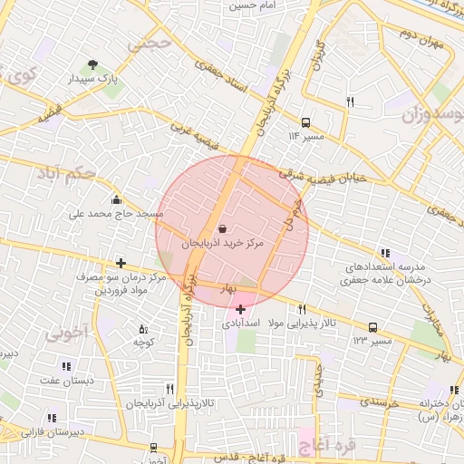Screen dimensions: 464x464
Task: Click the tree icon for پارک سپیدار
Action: (92, 64)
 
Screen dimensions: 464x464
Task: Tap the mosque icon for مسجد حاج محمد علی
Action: (116, 200)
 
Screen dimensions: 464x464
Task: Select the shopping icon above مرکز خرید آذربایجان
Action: (223, 228)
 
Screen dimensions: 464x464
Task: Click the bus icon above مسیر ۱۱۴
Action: (305, 121)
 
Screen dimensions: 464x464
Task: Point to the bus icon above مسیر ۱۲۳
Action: (372, 327)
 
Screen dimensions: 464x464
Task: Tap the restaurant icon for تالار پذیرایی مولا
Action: (302, 309)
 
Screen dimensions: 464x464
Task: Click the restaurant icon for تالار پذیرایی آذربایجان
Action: (169, 389)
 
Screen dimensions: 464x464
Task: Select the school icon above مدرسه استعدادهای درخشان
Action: (386, 254)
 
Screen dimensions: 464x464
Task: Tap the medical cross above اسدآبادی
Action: (240, 309)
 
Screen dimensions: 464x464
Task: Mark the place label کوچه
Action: (141, 343)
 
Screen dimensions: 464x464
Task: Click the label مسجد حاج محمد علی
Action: (117, 215)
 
